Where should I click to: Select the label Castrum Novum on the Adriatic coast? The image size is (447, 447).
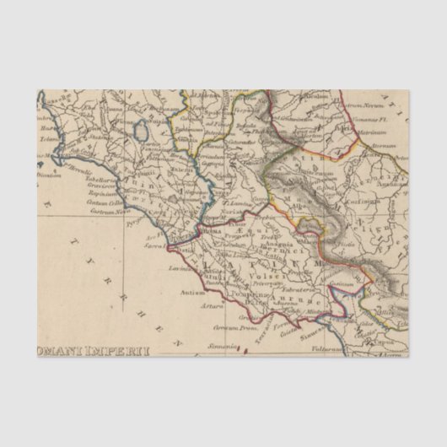tap(361, 105)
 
